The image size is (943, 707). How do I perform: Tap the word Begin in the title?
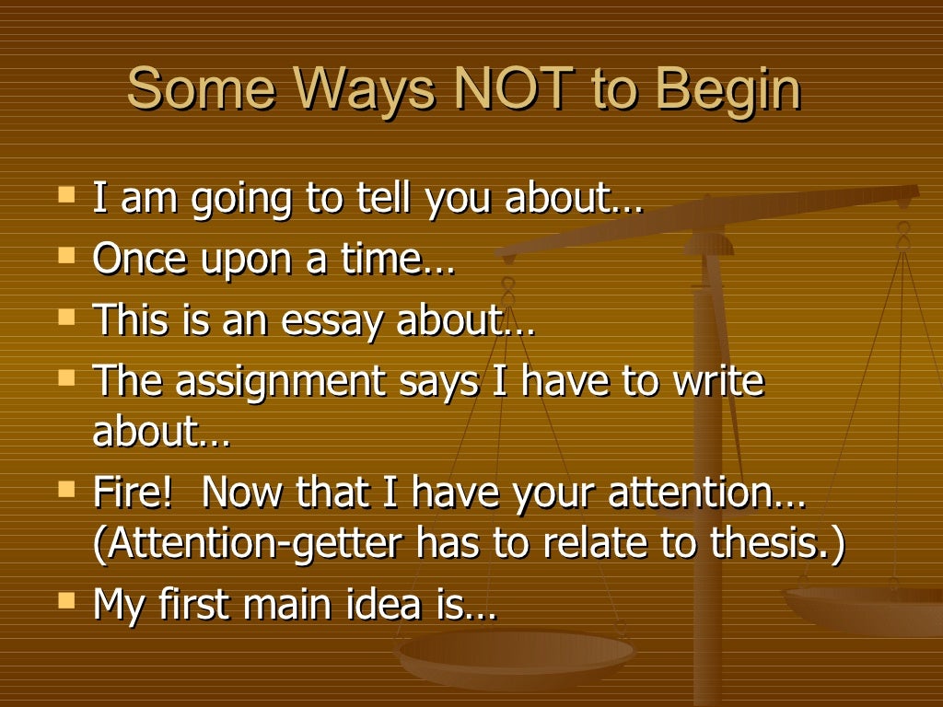728,92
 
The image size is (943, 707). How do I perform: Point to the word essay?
340,323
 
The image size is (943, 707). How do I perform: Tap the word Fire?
133,493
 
